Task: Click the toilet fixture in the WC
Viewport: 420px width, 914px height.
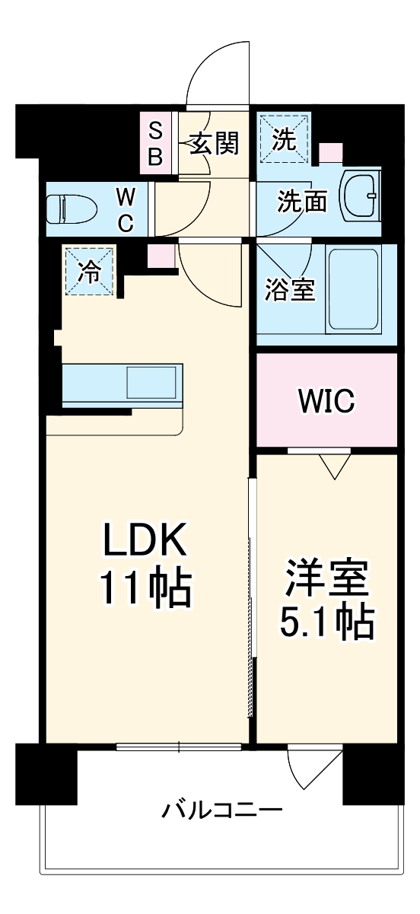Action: [71, 208]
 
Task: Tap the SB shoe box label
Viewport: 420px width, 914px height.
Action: [154, 142]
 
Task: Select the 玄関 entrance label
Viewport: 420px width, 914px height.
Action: [214, 143]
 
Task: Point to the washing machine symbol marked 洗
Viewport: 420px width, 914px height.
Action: [284, 139]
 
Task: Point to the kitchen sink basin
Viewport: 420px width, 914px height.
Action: [152, 380]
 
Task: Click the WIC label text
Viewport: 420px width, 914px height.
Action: [326, 401]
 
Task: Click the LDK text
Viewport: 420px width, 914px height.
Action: [144, 543]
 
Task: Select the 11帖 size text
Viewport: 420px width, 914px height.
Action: [144, 588]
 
